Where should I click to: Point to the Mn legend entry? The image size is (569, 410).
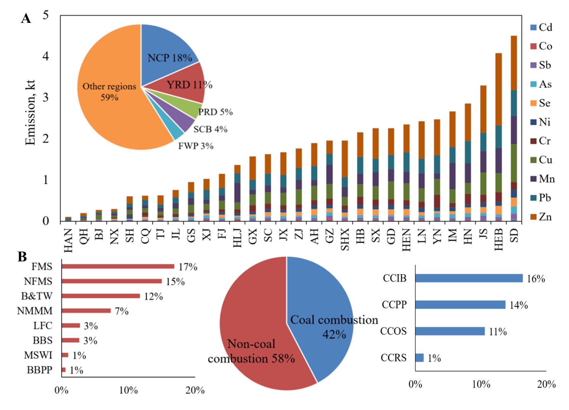(542, 179)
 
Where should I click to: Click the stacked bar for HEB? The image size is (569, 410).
(498, 137)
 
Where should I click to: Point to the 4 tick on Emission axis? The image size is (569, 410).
(46, 56)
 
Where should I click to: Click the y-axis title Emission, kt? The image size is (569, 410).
(30, 112)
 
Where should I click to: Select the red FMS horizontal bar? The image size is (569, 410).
(118, 266)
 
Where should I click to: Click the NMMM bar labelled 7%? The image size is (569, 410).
(86, 311)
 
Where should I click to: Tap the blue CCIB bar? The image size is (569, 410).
(469, 278)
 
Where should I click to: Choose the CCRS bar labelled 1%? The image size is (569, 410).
(420, 358)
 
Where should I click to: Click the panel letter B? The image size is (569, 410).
(22, 257)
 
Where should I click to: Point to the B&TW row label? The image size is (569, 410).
(37, 296)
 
